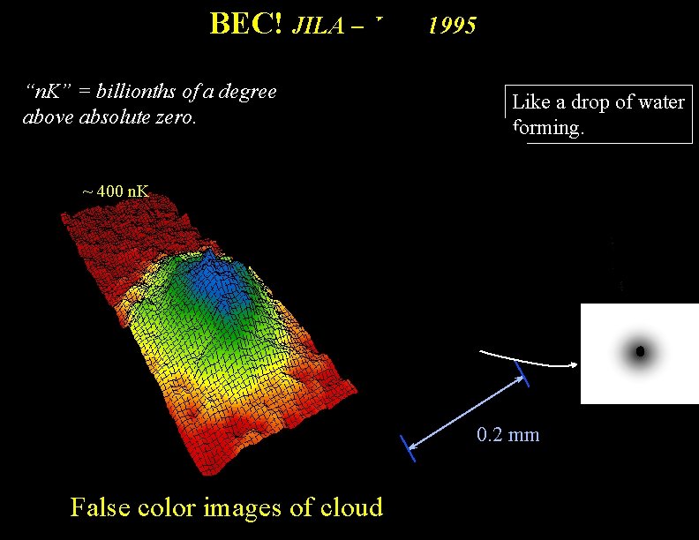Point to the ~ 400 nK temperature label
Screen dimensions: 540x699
116,191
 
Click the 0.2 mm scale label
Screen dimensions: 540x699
507,434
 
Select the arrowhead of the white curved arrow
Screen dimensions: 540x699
575,364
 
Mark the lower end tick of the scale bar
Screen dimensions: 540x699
408,448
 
